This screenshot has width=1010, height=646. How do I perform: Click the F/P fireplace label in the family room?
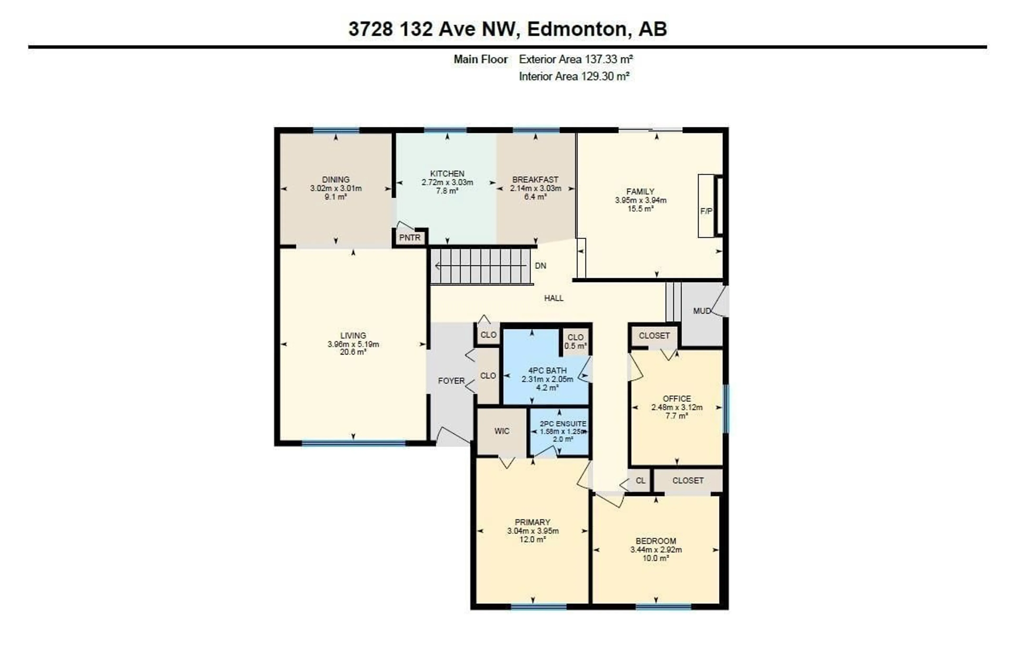(706, 211)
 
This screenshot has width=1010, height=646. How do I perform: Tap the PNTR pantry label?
(410, 238)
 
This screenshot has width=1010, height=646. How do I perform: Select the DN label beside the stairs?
(540, 266)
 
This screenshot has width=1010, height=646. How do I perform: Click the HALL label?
(554, 298)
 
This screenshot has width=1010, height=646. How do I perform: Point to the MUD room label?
(701, 311)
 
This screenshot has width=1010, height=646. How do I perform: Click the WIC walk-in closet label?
(502, 431)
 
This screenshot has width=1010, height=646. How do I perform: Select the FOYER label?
(451, 381)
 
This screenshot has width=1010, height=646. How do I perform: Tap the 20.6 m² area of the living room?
(353, 352)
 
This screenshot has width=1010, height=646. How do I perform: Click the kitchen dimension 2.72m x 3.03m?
(447, 182)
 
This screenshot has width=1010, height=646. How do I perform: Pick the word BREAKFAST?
(535, 180)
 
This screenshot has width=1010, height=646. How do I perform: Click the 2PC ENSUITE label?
(563, 424)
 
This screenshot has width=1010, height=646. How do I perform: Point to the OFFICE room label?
(677, 398)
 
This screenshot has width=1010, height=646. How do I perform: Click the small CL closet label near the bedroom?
(640, 481)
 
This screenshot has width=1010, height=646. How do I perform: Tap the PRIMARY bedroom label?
(532, 522)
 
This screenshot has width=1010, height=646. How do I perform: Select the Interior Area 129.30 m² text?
(574, 76)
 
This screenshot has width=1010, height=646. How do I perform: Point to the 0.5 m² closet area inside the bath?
(575, 346)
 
